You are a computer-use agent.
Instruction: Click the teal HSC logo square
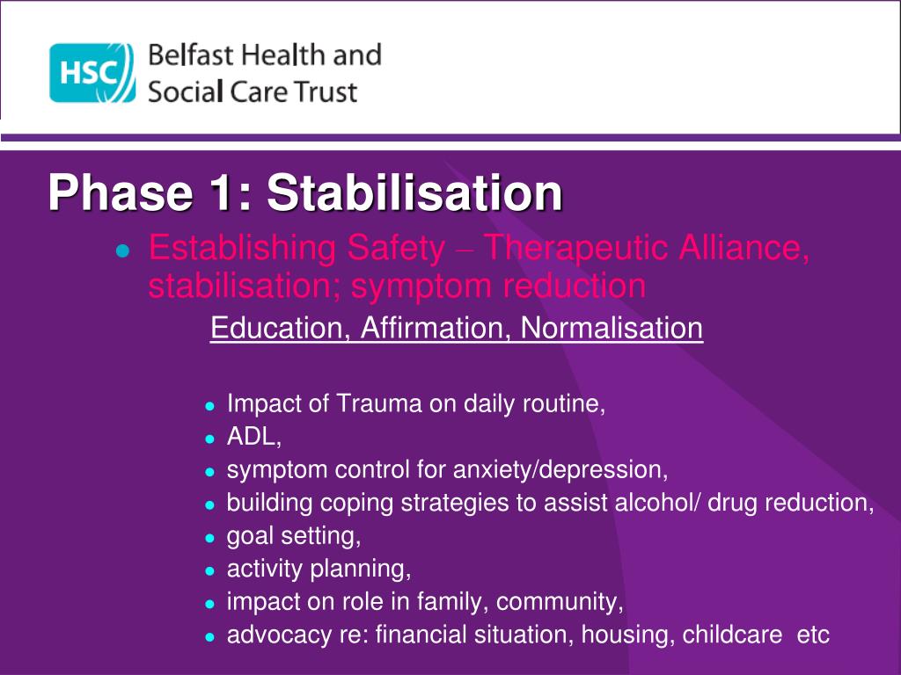tap(92, 73)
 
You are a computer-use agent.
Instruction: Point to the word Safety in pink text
tap(396, 250)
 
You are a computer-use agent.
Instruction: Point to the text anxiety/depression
tap(560, 470)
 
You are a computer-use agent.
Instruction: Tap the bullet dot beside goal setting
tap(209, 537)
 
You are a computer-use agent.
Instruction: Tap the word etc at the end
tap(812, 635)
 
